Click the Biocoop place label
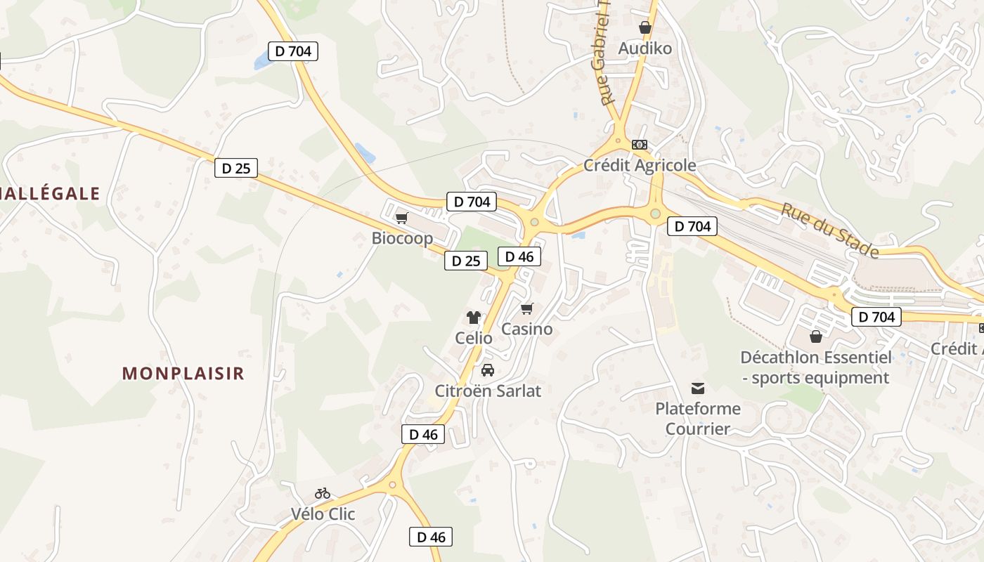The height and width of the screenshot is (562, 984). point(402,238)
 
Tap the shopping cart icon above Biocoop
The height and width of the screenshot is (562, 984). point(401,218)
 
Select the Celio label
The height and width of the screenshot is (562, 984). point(474,337)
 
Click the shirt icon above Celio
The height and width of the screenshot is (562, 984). point(474,318)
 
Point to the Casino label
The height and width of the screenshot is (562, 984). point(526,329)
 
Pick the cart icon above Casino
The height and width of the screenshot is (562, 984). point(527,308)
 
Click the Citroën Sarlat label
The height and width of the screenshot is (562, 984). point(488,391)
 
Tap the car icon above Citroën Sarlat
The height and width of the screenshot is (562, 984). point(487,370)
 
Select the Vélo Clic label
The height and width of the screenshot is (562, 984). point(323,514)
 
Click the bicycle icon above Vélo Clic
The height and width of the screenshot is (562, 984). point(323,493)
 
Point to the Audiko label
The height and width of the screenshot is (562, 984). point(645,48)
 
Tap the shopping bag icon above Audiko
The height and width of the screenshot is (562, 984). point(645,27)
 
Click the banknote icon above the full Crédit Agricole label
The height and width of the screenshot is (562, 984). point(640,145)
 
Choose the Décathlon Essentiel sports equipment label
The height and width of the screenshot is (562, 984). point(816,367)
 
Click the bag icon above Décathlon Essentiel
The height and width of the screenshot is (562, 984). point(816,336)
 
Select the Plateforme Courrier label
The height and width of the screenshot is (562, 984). point(698,418)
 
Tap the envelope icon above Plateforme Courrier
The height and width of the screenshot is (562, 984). point(698,388)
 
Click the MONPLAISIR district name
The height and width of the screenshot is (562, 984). point(183,373)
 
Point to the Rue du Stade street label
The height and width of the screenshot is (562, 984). point(830,230)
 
